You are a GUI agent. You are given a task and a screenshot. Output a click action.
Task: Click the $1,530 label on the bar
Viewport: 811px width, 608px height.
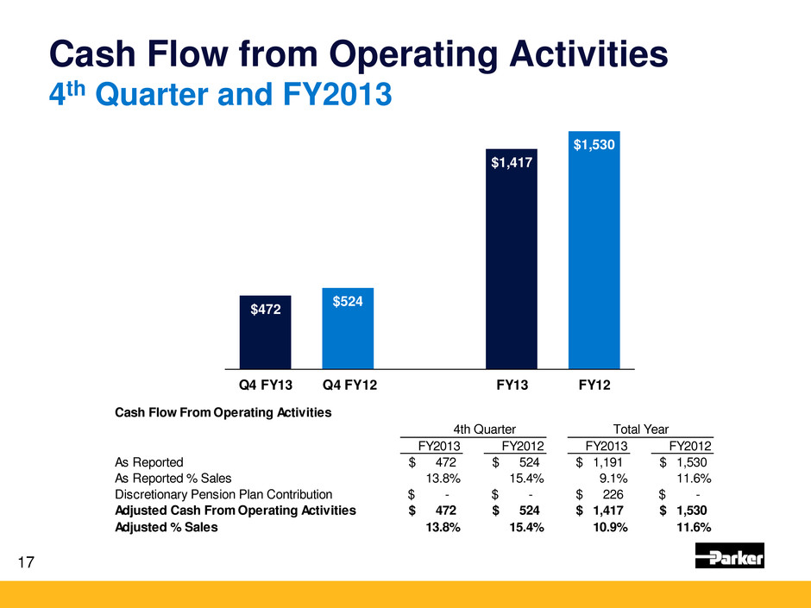click(594, 146)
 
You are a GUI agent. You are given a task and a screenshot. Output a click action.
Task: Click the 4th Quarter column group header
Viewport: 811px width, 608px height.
click(485, 429)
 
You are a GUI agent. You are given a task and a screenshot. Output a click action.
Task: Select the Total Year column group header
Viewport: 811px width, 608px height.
click(639, 429)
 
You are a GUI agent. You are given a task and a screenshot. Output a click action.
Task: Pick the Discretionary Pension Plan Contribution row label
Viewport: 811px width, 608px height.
click(223, 494)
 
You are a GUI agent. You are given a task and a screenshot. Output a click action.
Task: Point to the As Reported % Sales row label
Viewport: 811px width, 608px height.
click(173, 478)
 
